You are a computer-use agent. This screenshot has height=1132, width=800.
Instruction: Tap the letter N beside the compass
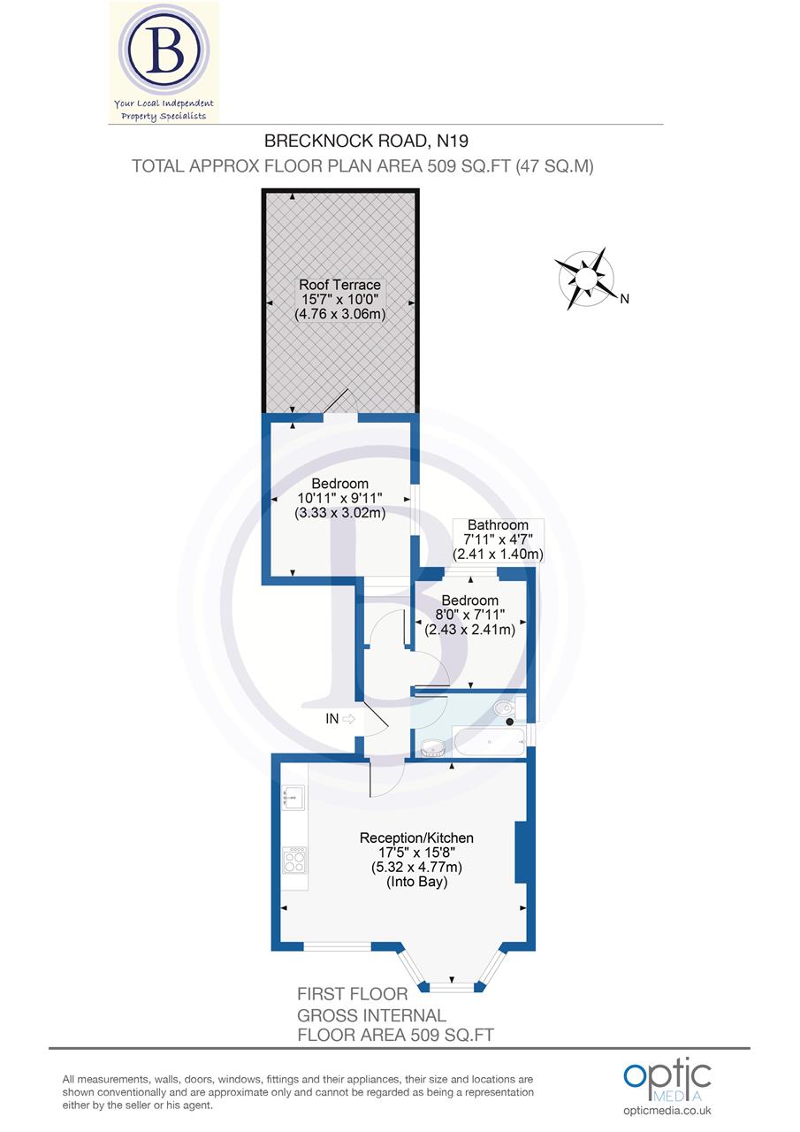[x=624, y=299]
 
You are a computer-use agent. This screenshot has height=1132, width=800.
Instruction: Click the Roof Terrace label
[x=339, y=285]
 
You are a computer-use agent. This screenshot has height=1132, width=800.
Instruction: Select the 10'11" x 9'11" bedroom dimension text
[x=339, y=498]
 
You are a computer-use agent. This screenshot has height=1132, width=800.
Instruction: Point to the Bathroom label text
[x=498, y=524]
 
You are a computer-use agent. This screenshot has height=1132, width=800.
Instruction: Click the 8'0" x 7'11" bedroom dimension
[x=470, y=616]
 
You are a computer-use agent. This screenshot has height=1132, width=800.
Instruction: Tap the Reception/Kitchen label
[x=416, y=838]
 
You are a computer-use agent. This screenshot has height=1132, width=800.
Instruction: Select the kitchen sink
[x=293, y=799]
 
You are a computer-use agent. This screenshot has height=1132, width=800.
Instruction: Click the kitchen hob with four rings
[x=294, y=860]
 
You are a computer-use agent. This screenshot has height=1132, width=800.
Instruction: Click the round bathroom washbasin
[x=431, y=748]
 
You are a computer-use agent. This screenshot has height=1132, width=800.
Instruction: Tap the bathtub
[x=489, y=741]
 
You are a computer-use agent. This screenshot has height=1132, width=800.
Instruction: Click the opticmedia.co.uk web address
[x=667, y=1111]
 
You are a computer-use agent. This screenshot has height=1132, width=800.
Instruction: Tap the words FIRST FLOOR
[x=353, y=994]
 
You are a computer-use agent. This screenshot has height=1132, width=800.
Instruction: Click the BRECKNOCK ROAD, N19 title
[x=362, y=140]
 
